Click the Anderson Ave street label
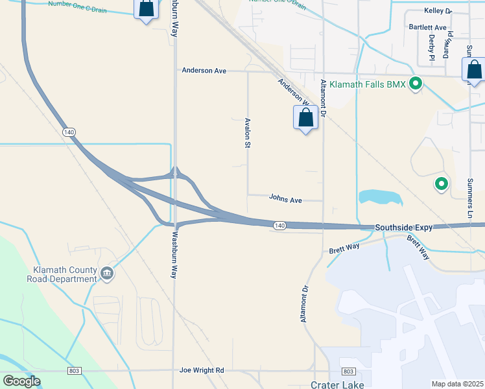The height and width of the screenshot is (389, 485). tap(204, 70)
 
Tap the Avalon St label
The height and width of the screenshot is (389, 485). tap(247, 133)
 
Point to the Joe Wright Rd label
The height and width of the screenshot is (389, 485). tap(202, 370)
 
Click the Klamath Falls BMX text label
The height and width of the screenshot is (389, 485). tap(367, 84)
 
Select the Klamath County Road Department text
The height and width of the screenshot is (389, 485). tap(65, 274)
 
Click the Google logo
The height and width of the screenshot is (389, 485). tap(21, 381)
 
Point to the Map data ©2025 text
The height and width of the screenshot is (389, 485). tap(456, 384)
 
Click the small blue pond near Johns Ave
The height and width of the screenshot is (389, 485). tap(380, 197)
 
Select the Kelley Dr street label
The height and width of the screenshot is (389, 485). tap(438, 11)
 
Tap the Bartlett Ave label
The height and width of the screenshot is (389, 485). tap(427, 28)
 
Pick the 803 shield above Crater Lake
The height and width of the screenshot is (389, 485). tap(348, 371)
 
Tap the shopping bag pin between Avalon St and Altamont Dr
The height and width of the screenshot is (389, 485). tap(306, 119)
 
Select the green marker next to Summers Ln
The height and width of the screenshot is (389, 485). tap(442, 184)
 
